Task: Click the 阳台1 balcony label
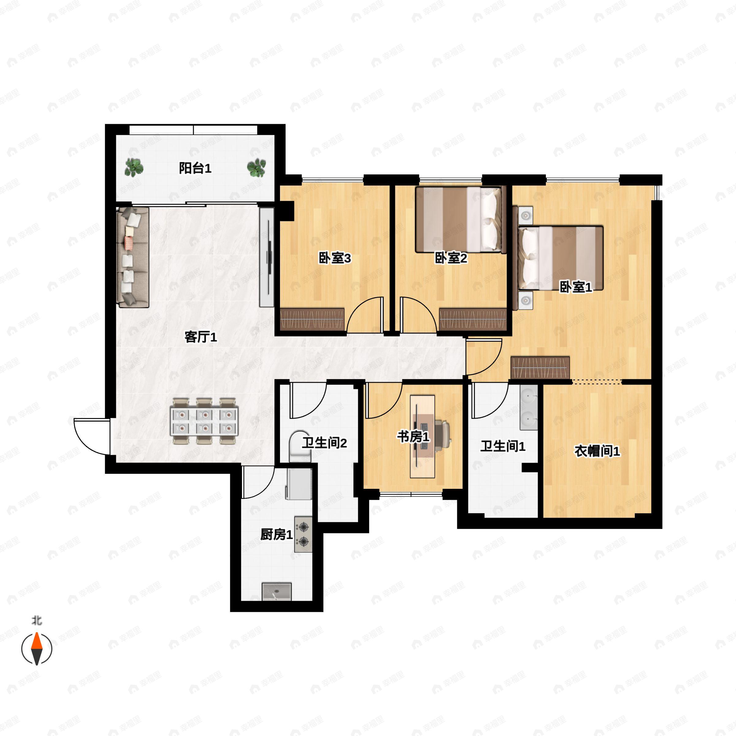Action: [x=195, y=168]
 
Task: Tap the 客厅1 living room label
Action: [x=201, y=337]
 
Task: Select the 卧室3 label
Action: [x=335, y=258]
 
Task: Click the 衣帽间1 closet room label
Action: [x=597, y=451]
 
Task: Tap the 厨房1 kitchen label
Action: [x=277, y=535]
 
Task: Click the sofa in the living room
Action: [x=132, y=257]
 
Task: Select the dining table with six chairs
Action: [x=204, y=421]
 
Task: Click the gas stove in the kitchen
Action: [x=303, y=535]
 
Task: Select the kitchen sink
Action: [x=277, y=592]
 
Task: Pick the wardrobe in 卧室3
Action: [x=312, y=319]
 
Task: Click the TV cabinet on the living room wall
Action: [x=267, y=257]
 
